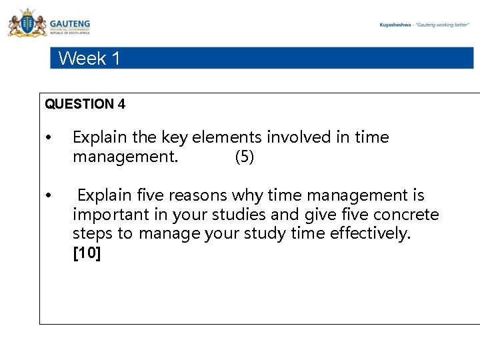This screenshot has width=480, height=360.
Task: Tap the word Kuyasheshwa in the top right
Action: pos(395,25)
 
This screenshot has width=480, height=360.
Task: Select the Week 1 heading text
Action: pos(89,59)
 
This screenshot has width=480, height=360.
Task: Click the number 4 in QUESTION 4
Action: pos(121,104)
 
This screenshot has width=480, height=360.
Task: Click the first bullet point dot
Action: pos(48,139)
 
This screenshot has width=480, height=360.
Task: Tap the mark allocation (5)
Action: pos(245,158)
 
